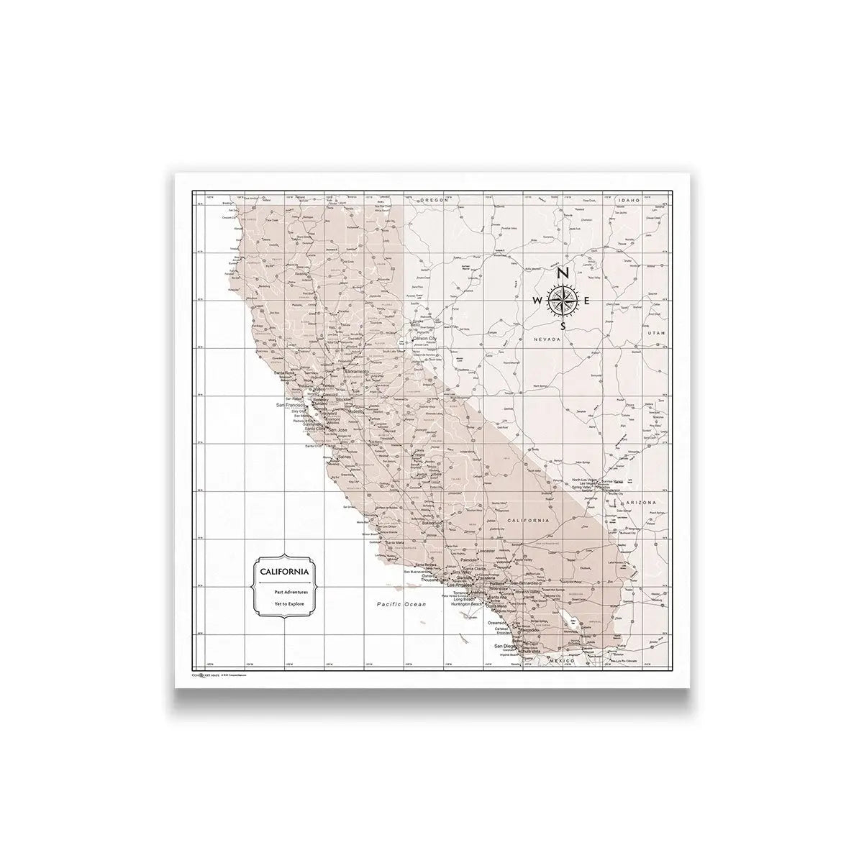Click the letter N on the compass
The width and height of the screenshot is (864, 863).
(563, 273)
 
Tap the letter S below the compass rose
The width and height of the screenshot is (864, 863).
(563, 326)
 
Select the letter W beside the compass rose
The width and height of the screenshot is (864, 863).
(537, 301)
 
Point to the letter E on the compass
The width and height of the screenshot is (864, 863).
(588, 301)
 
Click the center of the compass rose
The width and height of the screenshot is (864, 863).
(563, 300)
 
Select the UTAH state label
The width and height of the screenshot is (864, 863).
(653, 333)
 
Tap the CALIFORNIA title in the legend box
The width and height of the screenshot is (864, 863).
(286, 572)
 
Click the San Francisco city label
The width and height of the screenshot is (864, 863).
(291, 406)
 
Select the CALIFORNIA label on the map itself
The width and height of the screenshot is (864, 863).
(528, 520)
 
